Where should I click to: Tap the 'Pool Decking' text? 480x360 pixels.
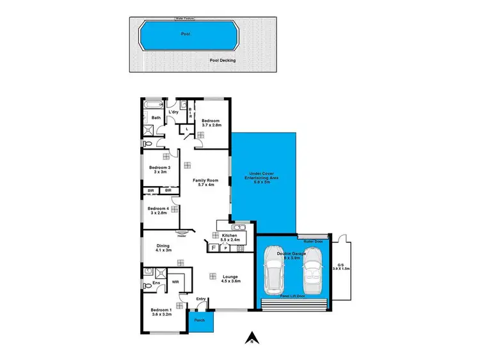pos(223,60)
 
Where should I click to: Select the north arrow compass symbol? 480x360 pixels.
pos(253,337)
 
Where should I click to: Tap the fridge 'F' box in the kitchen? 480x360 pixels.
pos(213,247)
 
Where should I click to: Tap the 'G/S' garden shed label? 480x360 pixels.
pos(340,266)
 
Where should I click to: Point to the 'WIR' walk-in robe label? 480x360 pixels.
pos(175,281)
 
